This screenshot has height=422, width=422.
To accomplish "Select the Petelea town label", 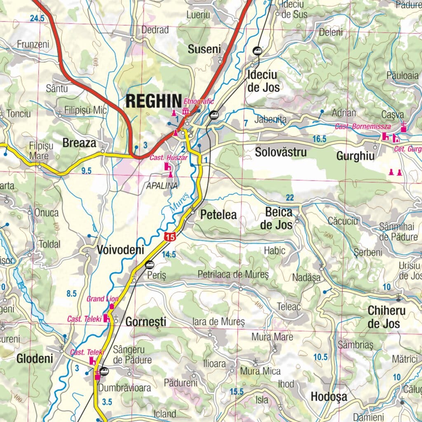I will click(x=218, y=215).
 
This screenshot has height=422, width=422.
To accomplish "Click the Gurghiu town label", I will click(x=355, y=156).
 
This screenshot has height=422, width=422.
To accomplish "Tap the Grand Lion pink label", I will click(x=103, y=299).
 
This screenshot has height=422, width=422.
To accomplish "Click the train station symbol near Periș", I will click(x=150, y=264).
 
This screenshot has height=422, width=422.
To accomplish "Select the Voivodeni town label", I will click(x=120, y=250).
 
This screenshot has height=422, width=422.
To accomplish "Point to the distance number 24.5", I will click(x=37, y=18).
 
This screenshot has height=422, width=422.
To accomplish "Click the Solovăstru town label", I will click(x=281, y=152).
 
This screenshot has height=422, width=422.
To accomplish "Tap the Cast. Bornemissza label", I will click(x=356, y=127).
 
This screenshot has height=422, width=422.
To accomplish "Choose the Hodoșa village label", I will click(x=329, y=397).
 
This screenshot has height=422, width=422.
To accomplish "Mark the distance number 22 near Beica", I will click(x=290, y=198).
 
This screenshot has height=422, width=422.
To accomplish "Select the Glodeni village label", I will click(x=35, y=359).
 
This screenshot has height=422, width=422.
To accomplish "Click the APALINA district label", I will click(x=162, y=186).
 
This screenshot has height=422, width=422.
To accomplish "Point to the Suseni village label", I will click(x=204, y=49).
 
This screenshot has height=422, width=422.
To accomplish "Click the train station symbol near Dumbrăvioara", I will click(x=104, y=371).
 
